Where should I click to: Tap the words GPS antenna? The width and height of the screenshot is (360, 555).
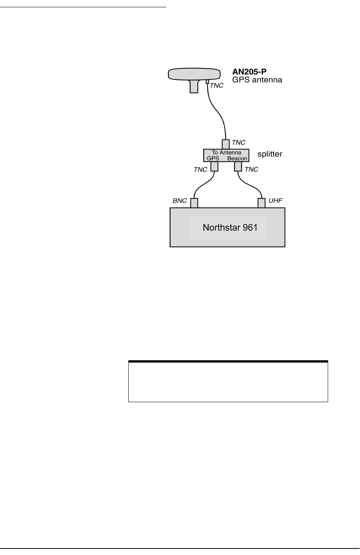click(257, 80)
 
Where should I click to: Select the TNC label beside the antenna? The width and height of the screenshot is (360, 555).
click(217, 86)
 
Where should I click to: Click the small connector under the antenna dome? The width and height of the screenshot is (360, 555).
click(207, 82)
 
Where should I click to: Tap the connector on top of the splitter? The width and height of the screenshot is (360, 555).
click(226, 144)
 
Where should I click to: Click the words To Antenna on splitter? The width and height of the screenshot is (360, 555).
click(227, 152)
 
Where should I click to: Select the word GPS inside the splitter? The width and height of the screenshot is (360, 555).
click(212, 158)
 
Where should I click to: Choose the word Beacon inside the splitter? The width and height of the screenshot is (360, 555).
click(237, 158)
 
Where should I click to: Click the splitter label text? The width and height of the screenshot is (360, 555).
click(270, 154)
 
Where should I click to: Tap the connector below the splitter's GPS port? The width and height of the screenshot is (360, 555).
click(214, 166)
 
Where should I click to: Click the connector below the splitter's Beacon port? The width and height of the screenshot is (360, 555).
click(238, 166)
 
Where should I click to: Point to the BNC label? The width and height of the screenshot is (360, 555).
click(180, 200)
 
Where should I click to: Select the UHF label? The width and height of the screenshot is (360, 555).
click(276, 200)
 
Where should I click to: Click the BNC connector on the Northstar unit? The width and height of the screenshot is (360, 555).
click(194, 203)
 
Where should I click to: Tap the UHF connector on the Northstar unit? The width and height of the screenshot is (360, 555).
click(262, 203)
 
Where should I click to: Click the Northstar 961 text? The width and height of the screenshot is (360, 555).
click(230, 227)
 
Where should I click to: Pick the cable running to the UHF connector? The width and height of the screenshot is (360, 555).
click(252, 186)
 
